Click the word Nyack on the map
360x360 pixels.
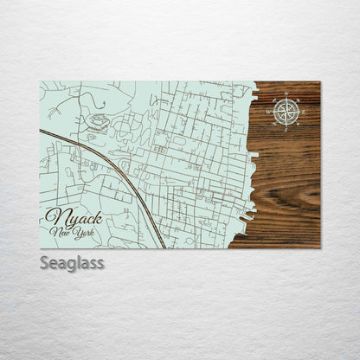(x=74, y=216)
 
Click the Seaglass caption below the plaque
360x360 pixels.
(x=72, y=262)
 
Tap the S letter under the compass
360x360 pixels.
(x=288, y=126)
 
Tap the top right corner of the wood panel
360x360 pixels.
(x=319, y=82)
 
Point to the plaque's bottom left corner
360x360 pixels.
(x=41, y=247)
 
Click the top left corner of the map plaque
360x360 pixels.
(x=41, y=82)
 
